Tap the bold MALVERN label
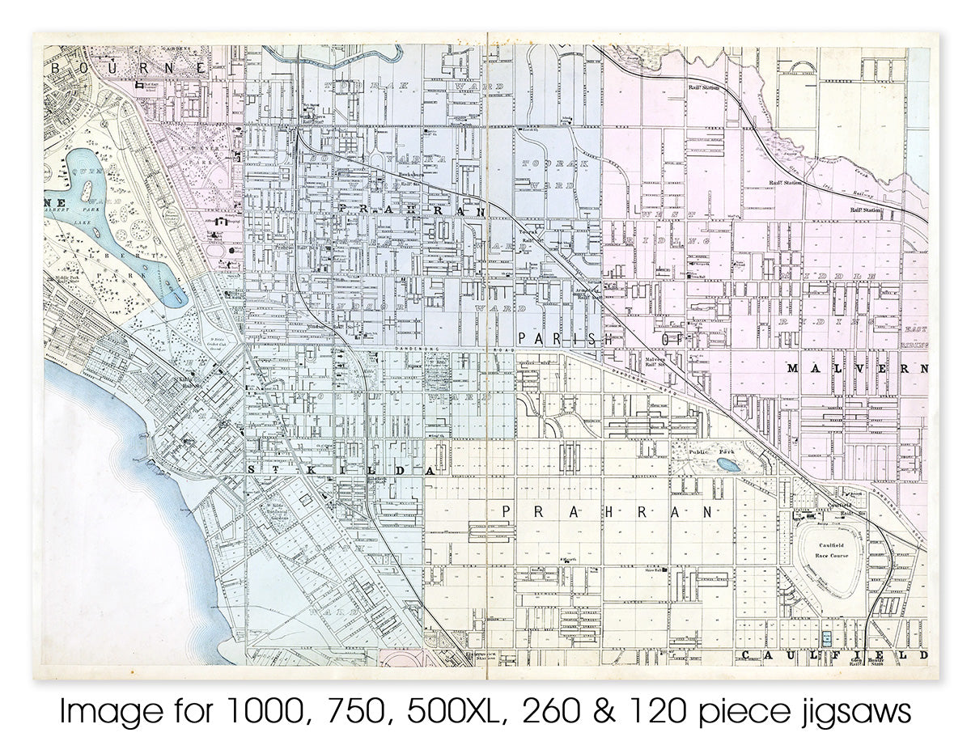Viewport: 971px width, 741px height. (x=856, y=369)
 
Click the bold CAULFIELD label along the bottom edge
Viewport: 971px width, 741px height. (x=833, y=654)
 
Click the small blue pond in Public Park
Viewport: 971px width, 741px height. (x=727, y=465)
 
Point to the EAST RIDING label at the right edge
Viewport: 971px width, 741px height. (x=915, y=337)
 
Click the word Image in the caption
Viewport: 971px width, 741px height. (x=100, y=712)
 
